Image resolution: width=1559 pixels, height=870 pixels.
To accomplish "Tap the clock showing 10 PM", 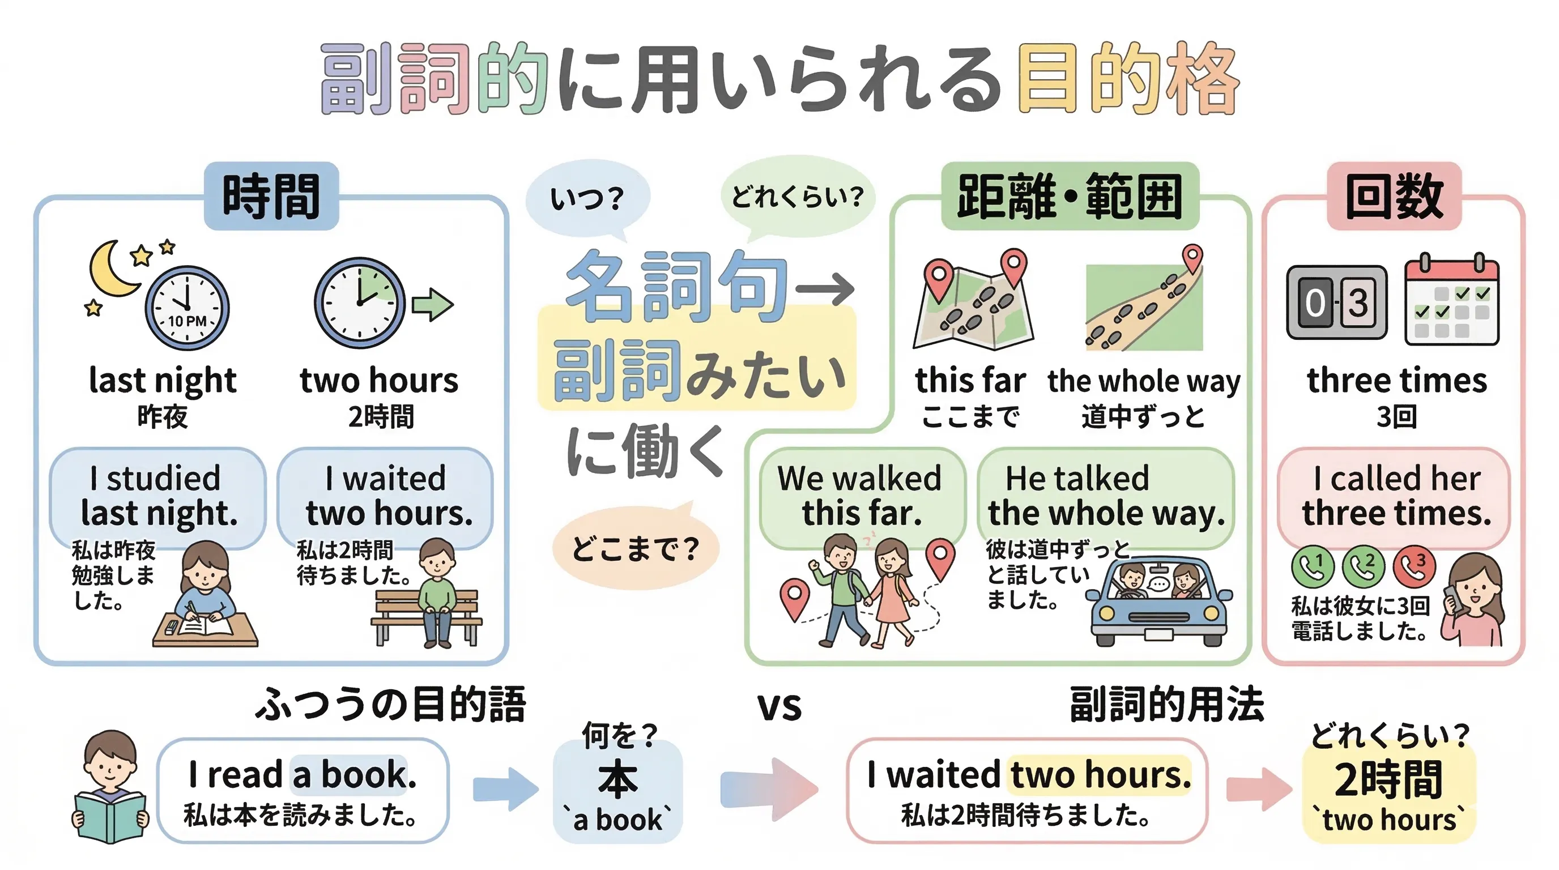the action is pos(187,308).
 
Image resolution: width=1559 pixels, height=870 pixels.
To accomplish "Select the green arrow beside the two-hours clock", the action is pos(432,304).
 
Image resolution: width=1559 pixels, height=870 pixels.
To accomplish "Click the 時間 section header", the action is pos(271,196).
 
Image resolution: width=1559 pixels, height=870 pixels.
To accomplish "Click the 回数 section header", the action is pos(1394,196).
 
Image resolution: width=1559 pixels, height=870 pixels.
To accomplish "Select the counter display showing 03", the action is pos(1336,302).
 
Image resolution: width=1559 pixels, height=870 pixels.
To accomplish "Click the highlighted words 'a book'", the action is pos(350,774).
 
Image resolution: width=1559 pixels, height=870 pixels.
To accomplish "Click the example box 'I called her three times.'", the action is pos(1394,496).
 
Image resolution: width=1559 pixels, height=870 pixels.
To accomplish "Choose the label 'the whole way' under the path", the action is pos(1144,381).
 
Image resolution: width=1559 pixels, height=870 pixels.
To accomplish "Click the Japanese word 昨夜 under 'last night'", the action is pos(162,417).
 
